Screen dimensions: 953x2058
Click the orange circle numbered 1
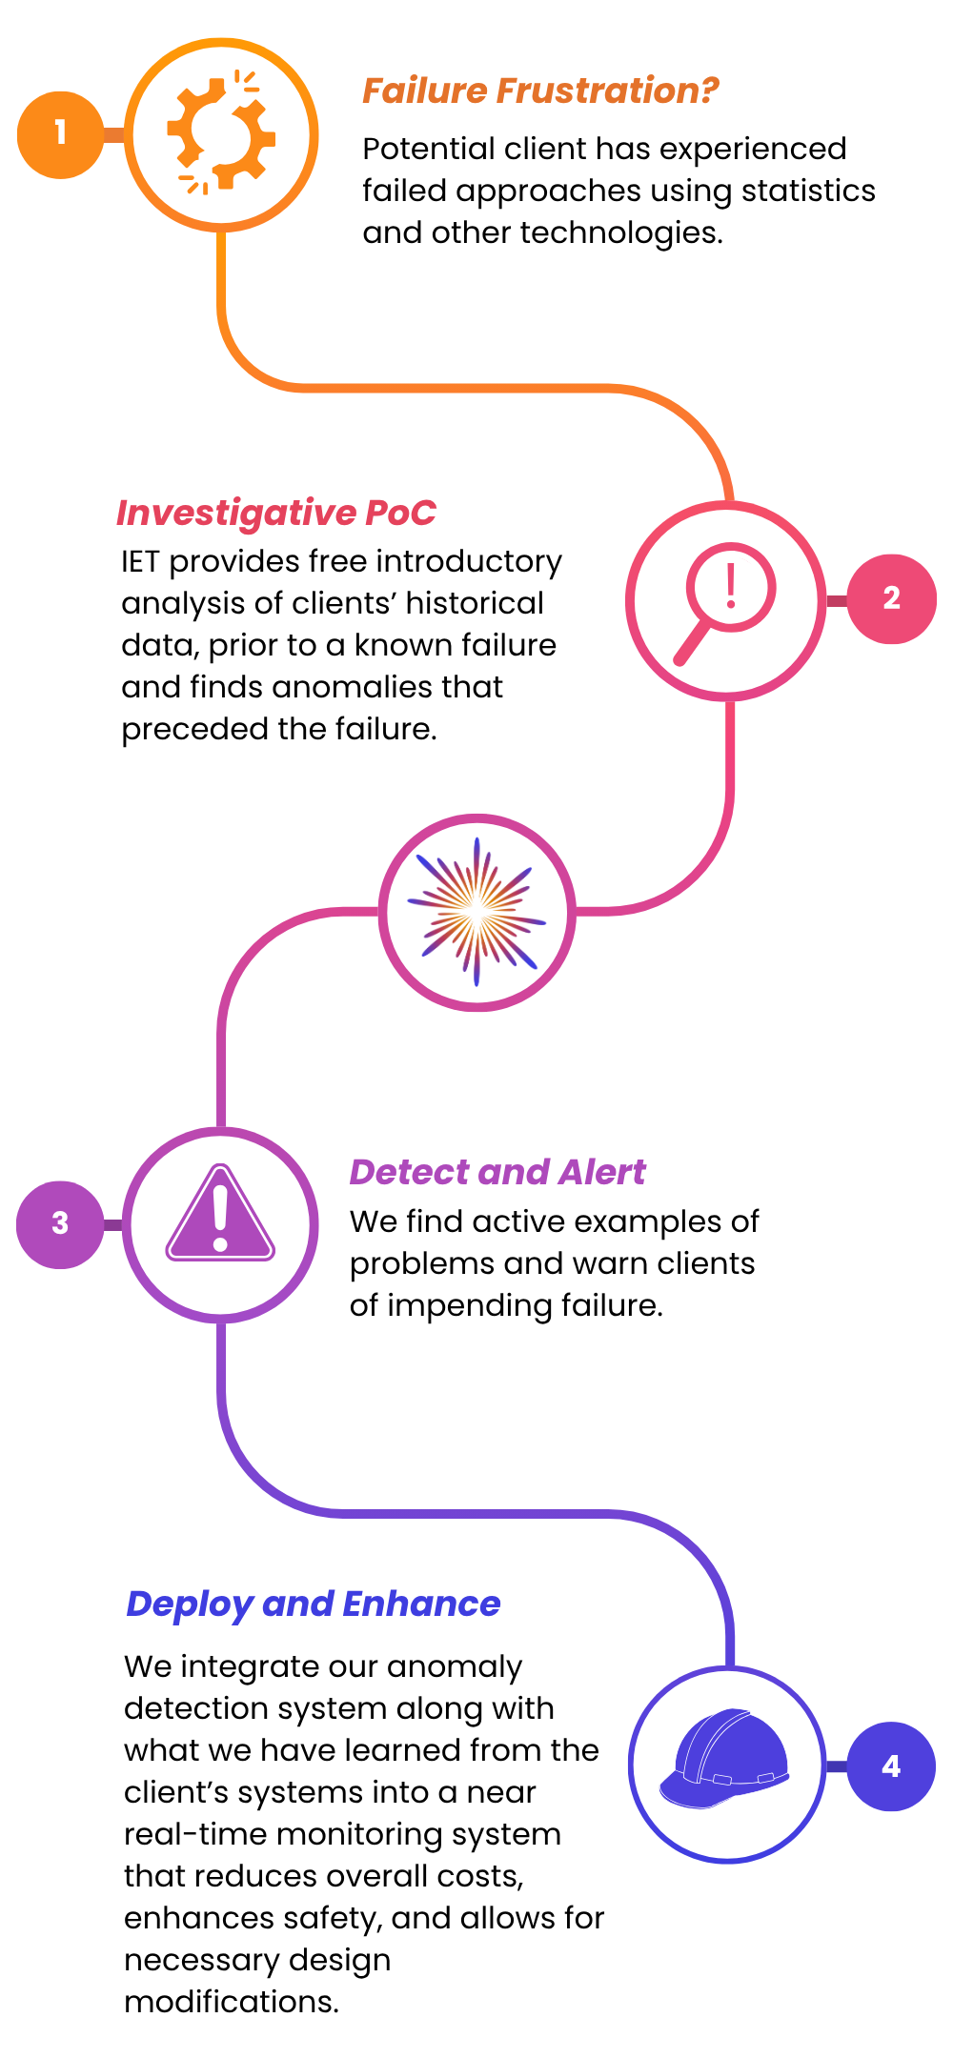[x=60, y=134]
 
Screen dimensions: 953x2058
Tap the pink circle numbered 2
[x=892, y=599]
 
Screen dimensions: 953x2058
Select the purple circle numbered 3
[x=60, y=1224]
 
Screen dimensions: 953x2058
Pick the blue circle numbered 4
[x=892, y=1766]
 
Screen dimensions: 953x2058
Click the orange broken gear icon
[x=220, y=133]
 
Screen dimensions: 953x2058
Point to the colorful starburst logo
[x=476, y=912]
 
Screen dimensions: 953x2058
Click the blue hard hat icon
[x=725, y=1759]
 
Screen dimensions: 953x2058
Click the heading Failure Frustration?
[x=540, y=91]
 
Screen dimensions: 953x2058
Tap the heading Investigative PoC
[x=276, y=513]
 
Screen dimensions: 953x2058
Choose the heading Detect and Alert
[x=497, y=1172]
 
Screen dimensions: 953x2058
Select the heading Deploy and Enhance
[x=314, y=1604]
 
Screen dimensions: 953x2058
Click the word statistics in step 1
[x=808, y=191]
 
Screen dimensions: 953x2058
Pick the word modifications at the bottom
[x=232, y=2002]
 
